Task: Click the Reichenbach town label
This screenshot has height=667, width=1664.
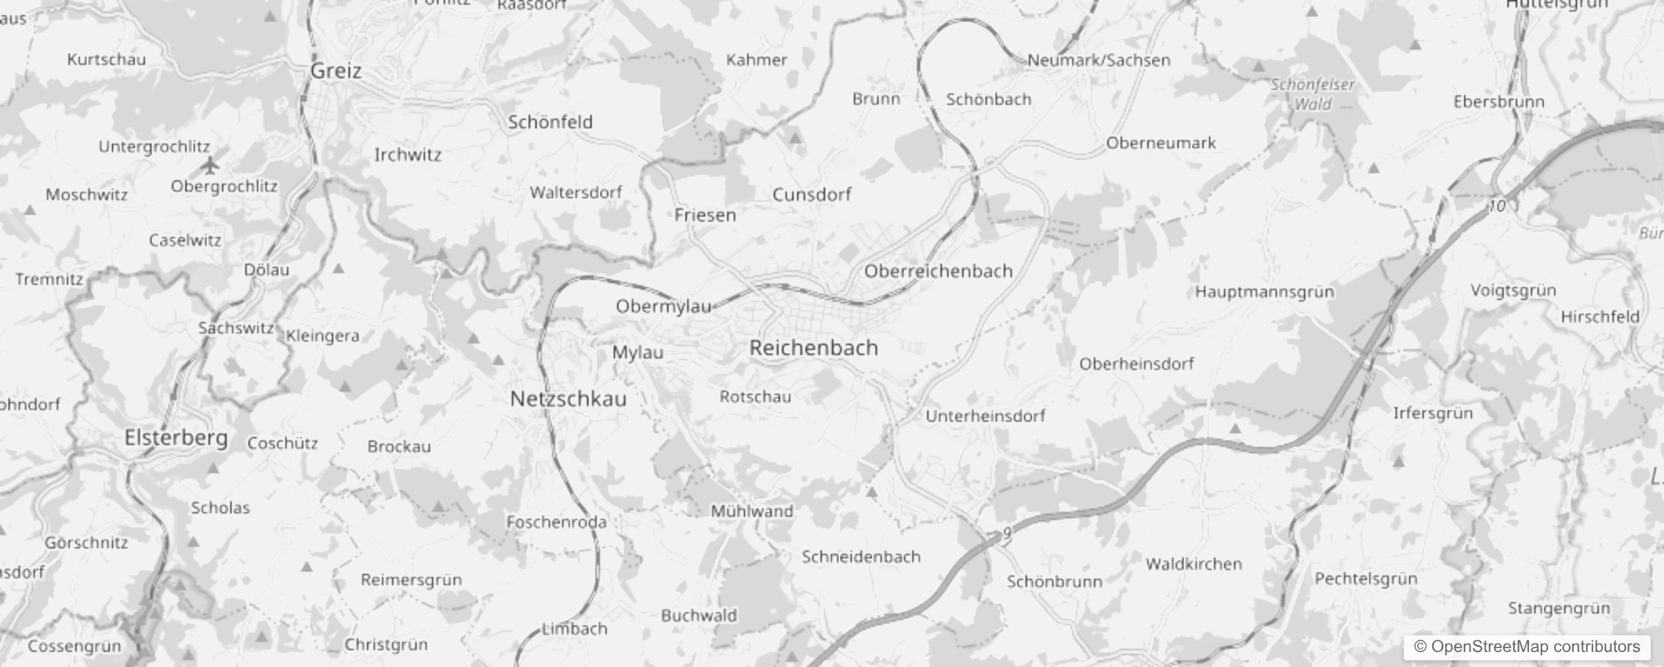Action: click(814, 348)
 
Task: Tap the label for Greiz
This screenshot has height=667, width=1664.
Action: click(336, 71)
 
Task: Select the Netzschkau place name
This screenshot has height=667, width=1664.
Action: click(568, 399)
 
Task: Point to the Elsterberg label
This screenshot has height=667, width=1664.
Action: click(176, 438)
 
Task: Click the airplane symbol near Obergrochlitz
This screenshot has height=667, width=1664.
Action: click(210, 165)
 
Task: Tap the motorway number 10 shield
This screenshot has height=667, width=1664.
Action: click(1497, 205)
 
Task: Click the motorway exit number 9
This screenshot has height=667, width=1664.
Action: click(1007, 533)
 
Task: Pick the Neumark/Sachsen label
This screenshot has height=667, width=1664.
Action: click(1099, 60)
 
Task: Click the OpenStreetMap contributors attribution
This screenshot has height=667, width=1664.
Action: click(1526, 646)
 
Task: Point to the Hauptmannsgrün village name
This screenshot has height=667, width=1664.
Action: click(1264, 292)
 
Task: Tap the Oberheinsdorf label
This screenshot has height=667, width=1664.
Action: click(1135, 364)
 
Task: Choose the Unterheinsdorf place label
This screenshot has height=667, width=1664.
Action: click(985, 415)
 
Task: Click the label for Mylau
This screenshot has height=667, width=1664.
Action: click(638, 353)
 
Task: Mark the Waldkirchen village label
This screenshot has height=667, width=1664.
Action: click(1193, 564)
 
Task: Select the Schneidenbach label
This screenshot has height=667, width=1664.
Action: click(860, 557)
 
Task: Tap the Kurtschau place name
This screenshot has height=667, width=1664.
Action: click(106, 59)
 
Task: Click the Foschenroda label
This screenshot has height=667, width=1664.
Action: click(556, 522)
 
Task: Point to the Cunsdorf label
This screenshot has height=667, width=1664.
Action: click(811, 194)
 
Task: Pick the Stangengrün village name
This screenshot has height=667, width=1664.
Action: click(1558, 608)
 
